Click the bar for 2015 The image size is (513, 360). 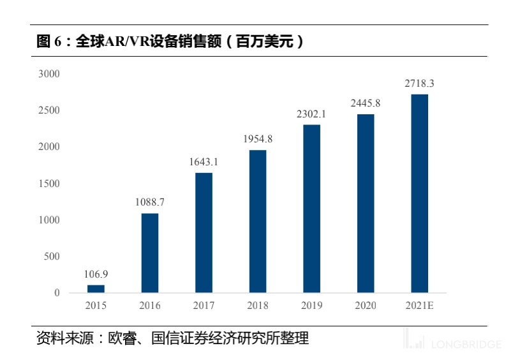pos(96,289)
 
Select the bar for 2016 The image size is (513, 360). pos(150,253)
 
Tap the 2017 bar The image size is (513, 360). pos(204,233)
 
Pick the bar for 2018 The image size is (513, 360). pos(257,221)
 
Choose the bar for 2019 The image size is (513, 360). pos(311,209)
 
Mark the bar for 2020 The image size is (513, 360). pos(366,204)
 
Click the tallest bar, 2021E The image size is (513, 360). pos(419,193)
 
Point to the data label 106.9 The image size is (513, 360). pos(96,274)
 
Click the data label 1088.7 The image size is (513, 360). pos(150,202)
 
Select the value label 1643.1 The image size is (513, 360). pos(204,162)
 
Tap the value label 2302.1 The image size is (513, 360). pos(311,114)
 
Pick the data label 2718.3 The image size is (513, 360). pos(419,84)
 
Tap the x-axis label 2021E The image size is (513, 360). pos(419,306)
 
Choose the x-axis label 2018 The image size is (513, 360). pos(257,306)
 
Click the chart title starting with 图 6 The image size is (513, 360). pos(169,42)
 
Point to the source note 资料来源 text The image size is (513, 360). pos(172,338)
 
